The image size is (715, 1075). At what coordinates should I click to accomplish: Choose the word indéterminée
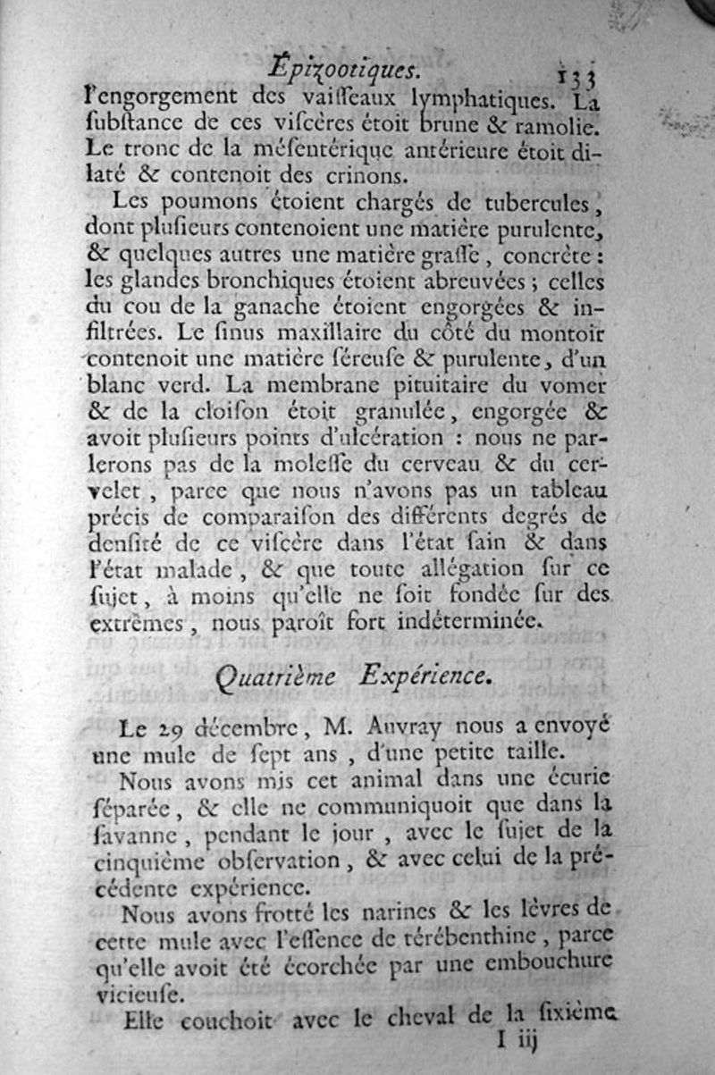tap(466, 619)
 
